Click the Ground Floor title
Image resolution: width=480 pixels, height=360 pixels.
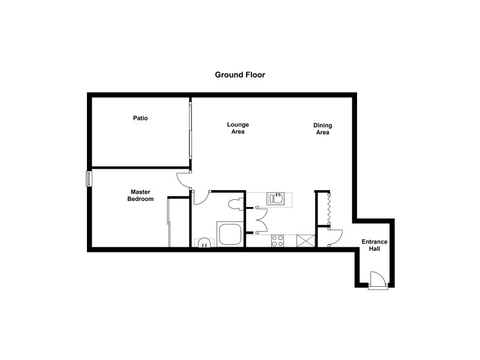[x=240, y=75]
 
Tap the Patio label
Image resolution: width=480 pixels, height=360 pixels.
[x=140, y=118]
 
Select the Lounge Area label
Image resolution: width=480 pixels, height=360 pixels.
[x=238, y=128]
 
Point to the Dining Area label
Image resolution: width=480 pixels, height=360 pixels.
[x=323, y=129]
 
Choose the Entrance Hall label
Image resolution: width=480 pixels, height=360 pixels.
[x=374, y=245]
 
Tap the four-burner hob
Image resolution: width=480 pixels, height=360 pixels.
[x=278, y=241]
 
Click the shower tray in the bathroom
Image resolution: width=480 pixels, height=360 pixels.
[x=230, y=234]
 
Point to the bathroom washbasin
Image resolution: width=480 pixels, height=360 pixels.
[x=203, y=242]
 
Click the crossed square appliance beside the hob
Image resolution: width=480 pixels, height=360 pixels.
[x=307, y=241]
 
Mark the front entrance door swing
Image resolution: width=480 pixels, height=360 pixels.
[x=376, y=280]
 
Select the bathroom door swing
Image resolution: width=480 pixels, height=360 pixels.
[x=200, y=197]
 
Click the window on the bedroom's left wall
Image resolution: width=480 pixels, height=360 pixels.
[x=89, y=179]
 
